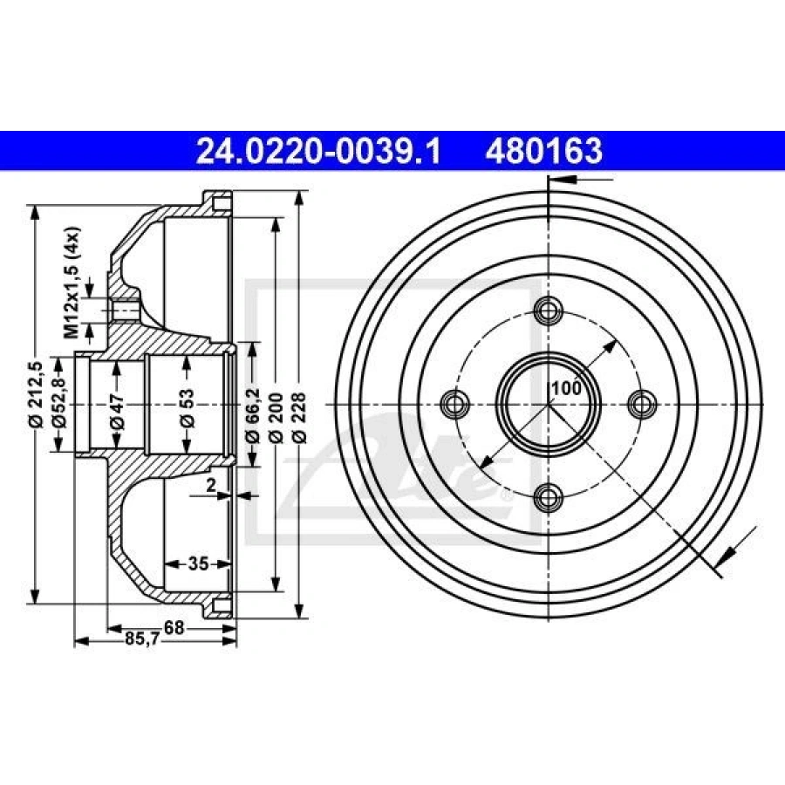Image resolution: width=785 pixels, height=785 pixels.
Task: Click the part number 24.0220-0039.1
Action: coord(318,151)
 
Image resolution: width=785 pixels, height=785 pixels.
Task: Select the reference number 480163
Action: coord(543,151)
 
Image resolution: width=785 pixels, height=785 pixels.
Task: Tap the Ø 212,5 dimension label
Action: coord(37,393)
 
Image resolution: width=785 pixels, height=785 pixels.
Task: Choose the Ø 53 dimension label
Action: coord(188,407)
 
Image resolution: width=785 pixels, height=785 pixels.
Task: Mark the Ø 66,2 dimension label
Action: coord(253,415)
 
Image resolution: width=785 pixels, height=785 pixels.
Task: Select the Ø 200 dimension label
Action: coord(276,419)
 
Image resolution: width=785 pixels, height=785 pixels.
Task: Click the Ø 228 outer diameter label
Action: coord(299,418)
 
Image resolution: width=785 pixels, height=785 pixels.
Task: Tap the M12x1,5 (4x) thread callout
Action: coord(72,283)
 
